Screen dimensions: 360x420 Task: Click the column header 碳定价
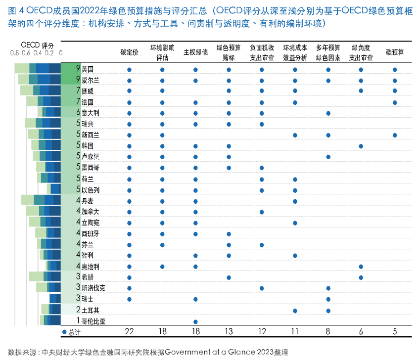[x=129, y=52]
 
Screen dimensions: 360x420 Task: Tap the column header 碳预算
[x=394, y=52]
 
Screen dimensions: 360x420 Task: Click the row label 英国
[x=88, y=69]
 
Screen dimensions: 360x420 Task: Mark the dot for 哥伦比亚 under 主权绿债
[x=195, y=321]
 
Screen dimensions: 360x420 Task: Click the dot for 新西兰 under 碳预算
[x=394, y=135]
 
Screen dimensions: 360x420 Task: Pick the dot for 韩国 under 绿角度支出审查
[x=361, y=146]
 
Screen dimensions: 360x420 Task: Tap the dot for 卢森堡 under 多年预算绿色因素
[x=328, y=157]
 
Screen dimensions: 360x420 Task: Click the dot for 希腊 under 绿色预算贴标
[x=229, y=277]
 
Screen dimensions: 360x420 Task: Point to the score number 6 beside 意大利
[x=78, y=113]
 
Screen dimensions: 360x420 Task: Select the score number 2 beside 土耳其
[x=78, y=310]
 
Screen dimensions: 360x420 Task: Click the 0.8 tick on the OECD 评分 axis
[x=15, y=53]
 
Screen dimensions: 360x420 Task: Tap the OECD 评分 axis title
[x=37, y=45]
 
